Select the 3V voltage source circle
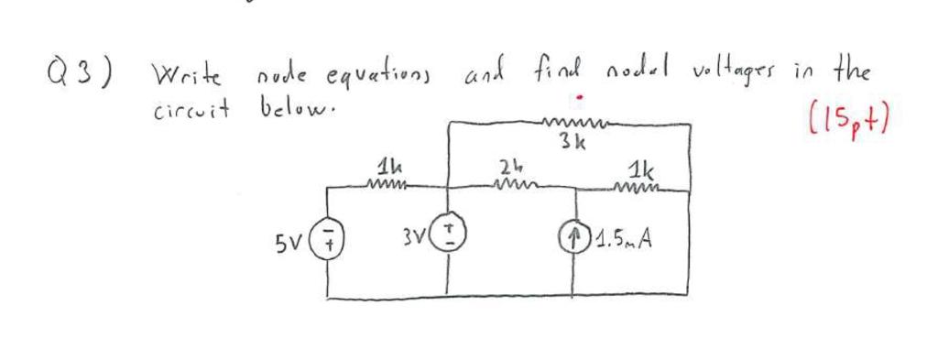point(448,243)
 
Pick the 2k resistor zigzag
point(511,186)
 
